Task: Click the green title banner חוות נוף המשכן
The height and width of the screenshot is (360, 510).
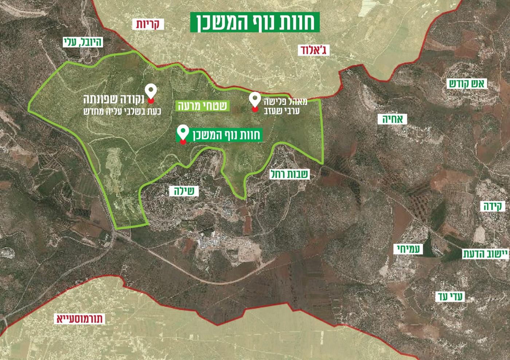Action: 255,22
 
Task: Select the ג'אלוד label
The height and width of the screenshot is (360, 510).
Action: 313,50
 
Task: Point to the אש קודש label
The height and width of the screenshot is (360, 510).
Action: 467,84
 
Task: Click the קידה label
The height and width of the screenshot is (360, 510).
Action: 493,207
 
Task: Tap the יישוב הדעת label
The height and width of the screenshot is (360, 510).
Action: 485,254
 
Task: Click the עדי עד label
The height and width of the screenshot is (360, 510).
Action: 450,297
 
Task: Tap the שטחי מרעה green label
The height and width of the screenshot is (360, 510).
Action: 203,106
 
